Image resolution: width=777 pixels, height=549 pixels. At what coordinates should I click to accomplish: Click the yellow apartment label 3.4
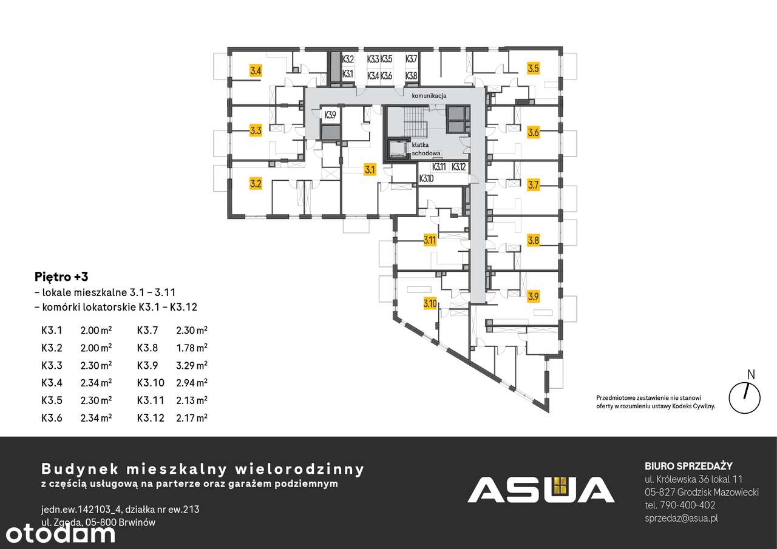click(256, 71)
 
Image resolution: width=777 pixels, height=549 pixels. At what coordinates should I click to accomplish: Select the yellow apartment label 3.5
click(533, 69)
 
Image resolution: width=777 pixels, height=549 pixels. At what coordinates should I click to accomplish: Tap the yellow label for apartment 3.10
click(430, 303)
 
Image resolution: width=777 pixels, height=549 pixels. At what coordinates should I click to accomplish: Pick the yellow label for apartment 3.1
click(370, 170)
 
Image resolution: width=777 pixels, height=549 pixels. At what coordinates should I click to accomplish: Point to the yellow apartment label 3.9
click(533, 297)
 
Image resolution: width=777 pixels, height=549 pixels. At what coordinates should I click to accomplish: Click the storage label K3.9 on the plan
click(330, 115)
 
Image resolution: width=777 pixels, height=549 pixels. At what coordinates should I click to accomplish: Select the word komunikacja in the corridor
click(429, 96)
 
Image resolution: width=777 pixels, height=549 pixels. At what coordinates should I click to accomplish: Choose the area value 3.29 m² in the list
click(192, 365)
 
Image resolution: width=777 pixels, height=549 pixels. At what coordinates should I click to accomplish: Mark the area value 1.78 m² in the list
click(192, 348)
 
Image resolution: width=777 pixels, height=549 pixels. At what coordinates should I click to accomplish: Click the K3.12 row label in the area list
click(150, 417)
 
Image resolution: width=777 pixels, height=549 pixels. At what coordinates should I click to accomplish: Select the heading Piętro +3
click(61, 276)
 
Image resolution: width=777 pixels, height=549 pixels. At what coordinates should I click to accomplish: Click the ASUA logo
click(540, 490)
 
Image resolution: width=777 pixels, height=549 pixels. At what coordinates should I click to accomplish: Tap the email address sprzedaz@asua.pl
click(682, 518)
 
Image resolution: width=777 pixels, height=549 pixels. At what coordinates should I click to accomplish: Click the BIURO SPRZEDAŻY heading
click(688, 466)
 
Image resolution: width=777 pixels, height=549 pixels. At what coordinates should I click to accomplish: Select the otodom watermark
click(58, 533)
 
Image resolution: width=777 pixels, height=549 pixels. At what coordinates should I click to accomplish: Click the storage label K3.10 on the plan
click(427, 178)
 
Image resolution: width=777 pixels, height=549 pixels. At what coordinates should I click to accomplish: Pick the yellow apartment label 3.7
click(533, 185)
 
